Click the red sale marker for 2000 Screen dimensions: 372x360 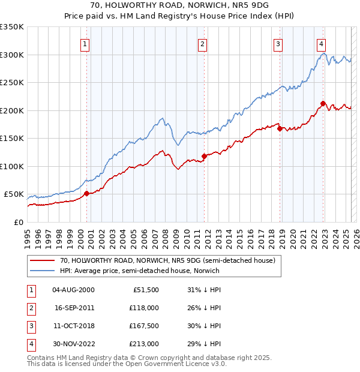[86, 193]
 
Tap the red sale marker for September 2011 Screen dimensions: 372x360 [204, 156]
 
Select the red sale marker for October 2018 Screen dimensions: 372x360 [280, 128]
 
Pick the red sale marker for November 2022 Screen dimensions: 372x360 [323, 103]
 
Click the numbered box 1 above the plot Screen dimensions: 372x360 [85, 43]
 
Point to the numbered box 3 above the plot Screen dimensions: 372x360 [278, 43]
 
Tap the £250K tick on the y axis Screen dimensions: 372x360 [12, 83]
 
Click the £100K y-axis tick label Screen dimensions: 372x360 [12, 166]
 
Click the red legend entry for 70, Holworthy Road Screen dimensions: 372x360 [167, 260]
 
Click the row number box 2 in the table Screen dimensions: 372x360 [29, 308]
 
